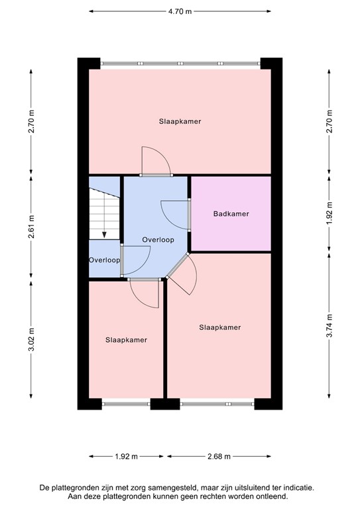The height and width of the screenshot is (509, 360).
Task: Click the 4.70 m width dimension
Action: tap(180, 11)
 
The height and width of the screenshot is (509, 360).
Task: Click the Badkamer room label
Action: tap(231, 214)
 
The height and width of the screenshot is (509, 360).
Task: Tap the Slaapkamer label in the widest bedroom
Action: tap(180, 122)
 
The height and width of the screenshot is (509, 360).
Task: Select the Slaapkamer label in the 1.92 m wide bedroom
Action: tap(126, 339)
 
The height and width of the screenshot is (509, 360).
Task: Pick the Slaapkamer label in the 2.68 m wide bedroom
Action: tap(219, 327)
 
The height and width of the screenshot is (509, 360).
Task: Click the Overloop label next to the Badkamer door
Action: tap(158, 240)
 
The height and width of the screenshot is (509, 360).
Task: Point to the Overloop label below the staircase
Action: tap(104, 260)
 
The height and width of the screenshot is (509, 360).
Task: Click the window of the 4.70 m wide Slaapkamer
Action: tap(180, 64)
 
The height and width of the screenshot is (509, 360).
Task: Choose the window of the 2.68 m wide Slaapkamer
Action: tap(217, 402)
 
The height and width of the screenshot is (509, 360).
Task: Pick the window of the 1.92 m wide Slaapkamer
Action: tap(126, 402)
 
